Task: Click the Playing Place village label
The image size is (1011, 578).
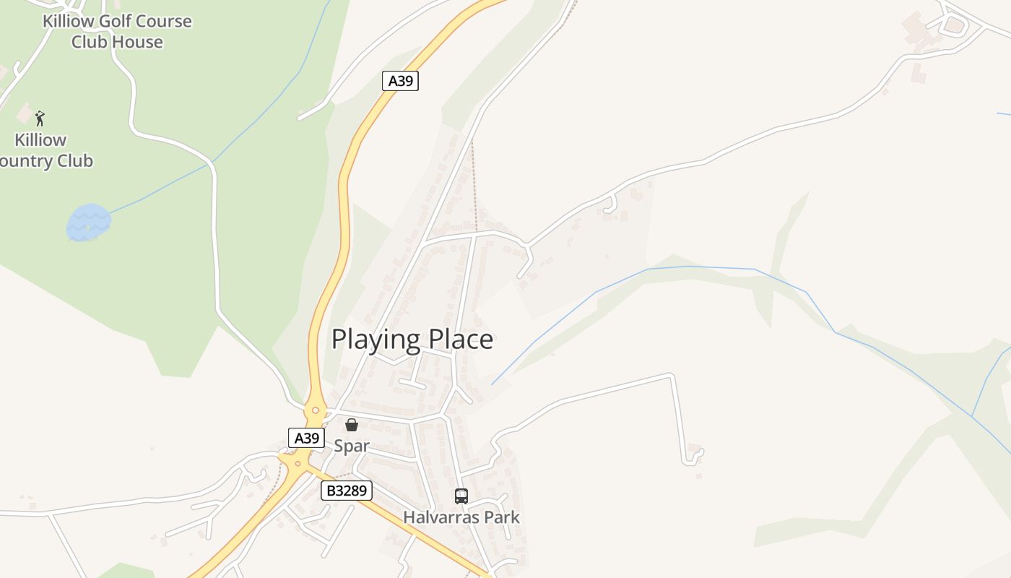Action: click(x=412, y=339)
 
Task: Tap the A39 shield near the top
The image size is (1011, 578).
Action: click(x=400, y=80)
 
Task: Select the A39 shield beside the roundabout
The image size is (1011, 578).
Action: click(x=306, y=437)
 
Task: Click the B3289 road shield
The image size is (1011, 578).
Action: click(x=346, y=491)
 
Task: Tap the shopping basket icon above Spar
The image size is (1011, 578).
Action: click(x=352, y=425)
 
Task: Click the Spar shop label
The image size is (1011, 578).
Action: click(x=352, y=446)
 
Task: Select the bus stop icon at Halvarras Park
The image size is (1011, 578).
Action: click(x=461, y=496)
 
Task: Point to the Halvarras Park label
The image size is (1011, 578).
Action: click(x=461, y=517)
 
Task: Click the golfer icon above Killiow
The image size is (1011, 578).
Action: click(x=40, y=118)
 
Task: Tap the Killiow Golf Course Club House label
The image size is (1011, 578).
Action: click(x=117, y=31)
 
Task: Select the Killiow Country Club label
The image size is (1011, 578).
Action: click(x=43, y=150)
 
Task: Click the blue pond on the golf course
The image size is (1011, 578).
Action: click(x=88, y=223)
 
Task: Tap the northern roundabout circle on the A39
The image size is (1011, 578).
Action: click(x=315, y=410)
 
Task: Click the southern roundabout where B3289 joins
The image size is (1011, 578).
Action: click(x=297, y=463)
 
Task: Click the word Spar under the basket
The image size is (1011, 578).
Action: click(x=352, y=446)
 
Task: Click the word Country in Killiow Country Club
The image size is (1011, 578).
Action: click(x=29, y=160)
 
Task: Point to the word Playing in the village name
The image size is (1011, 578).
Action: click(x=376, y=340)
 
